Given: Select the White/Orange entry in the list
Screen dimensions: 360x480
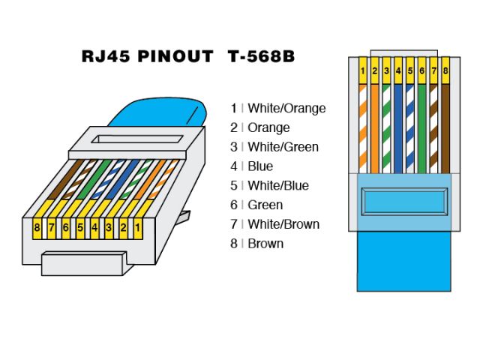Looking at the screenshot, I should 286,108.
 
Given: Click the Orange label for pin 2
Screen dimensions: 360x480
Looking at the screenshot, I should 268,127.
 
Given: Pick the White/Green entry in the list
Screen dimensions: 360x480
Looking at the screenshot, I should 283,147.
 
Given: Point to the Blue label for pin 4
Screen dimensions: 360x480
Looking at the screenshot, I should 260,166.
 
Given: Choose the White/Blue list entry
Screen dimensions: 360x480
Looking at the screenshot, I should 278,185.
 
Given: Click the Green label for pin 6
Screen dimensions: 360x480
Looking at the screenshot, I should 265,205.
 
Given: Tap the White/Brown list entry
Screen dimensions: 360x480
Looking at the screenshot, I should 283,224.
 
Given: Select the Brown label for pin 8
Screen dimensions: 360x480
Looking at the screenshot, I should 265,244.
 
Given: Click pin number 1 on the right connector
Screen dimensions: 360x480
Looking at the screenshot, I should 363,71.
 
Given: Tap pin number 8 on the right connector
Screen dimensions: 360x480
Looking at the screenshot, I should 445,71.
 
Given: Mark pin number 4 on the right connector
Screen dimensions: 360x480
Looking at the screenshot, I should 398,71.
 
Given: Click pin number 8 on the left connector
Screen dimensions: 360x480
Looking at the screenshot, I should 37,224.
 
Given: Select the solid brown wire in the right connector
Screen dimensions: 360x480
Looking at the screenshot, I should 445,127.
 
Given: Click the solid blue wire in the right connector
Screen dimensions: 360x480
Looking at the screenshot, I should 398,127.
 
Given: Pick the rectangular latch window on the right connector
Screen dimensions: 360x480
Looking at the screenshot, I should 404,203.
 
